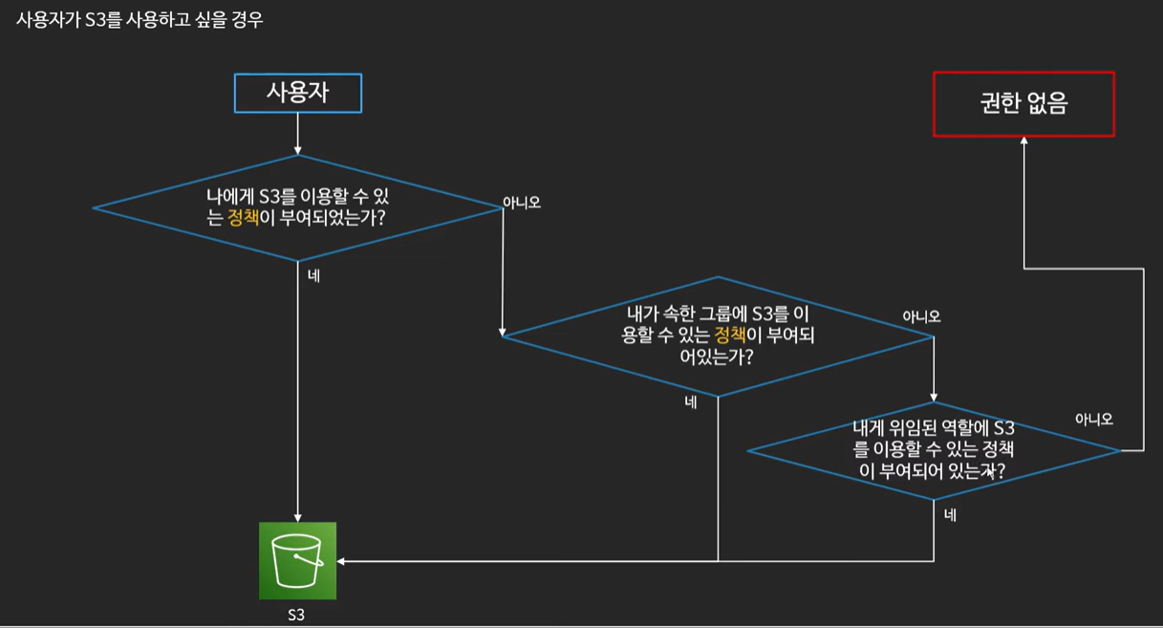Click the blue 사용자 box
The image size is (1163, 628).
click(x=298, y=94)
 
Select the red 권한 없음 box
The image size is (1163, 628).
click(x=1023, y=103)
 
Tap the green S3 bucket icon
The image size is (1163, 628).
click(x=297, y=560)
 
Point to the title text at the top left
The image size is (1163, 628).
click(x=140, y=20)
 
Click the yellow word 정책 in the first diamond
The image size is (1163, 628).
click(x=243, y=218)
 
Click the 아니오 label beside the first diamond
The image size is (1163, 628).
click(x=522, y=203)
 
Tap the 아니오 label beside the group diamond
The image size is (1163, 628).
click(x=921, y=316)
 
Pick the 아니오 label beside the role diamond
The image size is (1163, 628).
click(x=1094, y=419)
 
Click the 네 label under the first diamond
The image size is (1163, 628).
click(x=313, y=276)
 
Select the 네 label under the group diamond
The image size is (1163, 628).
click(x=690, y=402)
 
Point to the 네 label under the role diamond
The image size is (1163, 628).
click(x=950, y=515)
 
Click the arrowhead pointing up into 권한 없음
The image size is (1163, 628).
click(x=1023, y=141)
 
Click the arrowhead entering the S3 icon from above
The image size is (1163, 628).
click(x=298, y=516)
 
